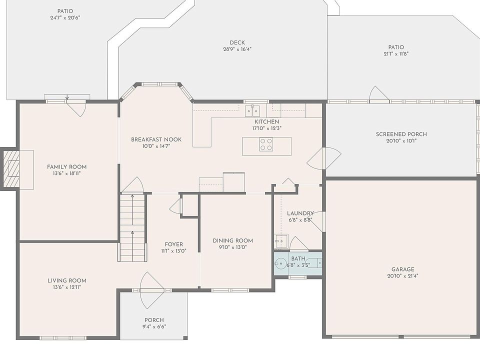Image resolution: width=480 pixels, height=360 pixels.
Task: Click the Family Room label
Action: (66, 167)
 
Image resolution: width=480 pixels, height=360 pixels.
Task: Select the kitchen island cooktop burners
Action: (266, 144)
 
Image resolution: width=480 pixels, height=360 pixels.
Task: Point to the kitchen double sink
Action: (252, 111)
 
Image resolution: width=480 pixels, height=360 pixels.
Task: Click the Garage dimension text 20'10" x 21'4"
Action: (403, 276)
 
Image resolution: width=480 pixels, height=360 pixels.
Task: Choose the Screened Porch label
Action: (401, 134)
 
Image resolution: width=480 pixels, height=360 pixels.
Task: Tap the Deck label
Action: (237, 42)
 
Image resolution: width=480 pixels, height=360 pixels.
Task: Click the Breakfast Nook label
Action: (156, 139)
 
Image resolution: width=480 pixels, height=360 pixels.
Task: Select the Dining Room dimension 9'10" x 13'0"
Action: (233, 247)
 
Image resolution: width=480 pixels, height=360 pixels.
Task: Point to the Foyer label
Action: (174, 244)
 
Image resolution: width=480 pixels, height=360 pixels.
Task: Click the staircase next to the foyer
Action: (132, 227)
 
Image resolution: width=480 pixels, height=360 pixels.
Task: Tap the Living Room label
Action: (66, 280)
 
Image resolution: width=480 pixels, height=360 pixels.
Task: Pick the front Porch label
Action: (154, 320)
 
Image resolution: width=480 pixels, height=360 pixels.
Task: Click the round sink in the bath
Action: (280, 263)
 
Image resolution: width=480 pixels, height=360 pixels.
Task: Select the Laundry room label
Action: (300, 213)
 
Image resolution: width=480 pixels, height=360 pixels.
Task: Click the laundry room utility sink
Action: (281, 241)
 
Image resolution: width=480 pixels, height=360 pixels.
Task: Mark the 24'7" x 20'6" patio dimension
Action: (65, 18)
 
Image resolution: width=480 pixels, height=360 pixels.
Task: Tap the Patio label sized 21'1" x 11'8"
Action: (396, 47)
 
